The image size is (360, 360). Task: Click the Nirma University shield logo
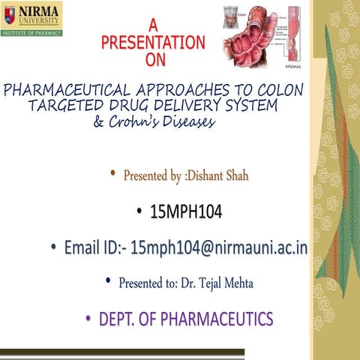pos(10,14)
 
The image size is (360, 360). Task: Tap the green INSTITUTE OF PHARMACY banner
pos(32,33)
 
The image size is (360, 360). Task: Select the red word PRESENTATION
pos(153,43)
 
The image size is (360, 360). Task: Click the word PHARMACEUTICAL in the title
pos(71,90)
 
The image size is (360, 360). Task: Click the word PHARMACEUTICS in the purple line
pos(219,319)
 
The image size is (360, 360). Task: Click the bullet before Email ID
pos(53,247)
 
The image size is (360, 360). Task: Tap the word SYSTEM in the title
pos(247,106)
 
